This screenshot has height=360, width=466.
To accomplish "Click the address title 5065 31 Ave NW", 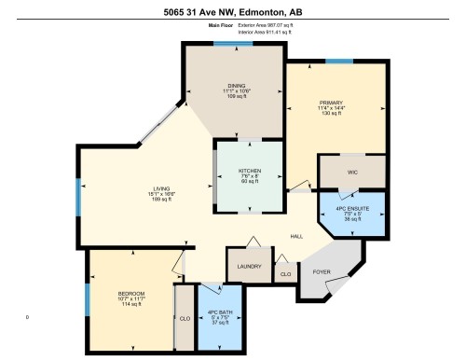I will [233, 12].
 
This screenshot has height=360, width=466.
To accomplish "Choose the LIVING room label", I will [162, 188].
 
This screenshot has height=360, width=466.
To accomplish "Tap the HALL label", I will [296, 236].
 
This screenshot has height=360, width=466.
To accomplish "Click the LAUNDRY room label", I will [249, 267].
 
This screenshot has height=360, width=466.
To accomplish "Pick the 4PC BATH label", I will [219, 312].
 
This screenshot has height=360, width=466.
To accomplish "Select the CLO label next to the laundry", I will [284, 275].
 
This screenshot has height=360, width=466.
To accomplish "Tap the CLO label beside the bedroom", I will [185, 318].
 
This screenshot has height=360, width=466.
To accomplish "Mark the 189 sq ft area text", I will [162, 200].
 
